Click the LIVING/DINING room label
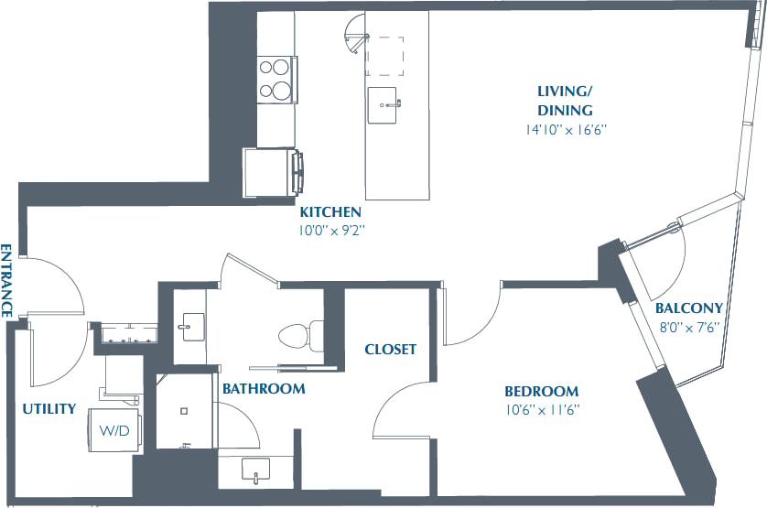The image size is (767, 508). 564,101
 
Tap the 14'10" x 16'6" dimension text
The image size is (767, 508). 562,130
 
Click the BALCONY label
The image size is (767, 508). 689,308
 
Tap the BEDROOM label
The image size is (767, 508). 543,391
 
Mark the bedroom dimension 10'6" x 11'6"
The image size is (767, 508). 543,409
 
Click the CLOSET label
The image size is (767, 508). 390,349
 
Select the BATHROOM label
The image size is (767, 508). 263,389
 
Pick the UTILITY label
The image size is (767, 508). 49,408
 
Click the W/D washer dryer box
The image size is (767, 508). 115,430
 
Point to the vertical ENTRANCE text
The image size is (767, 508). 6,280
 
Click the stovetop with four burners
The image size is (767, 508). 276,78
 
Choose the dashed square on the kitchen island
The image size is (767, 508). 384,56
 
